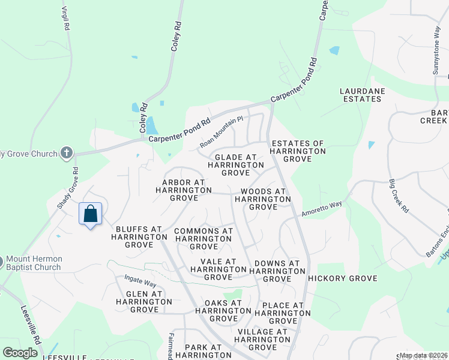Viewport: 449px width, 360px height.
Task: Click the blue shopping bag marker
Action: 90,214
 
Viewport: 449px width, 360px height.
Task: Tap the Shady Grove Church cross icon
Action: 67,153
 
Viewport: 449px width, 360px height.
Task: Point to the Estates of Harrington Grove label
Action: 298,151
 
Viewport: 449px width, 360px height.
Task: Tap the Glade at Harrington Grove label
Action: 235,164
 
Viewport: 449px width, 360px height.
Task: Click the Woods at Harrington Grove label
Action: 263,199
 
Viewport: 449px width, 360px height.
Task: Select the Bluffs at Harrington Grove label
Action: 139,237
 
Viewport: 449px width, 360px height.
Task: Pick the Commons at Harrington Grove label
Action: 203,239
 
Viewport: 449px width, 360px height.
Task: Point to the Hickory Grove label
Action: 342,278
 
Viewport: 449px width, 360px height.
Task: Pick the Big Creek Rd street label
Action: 398,196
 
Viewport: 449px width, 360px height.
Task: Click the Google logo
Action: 20,352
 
